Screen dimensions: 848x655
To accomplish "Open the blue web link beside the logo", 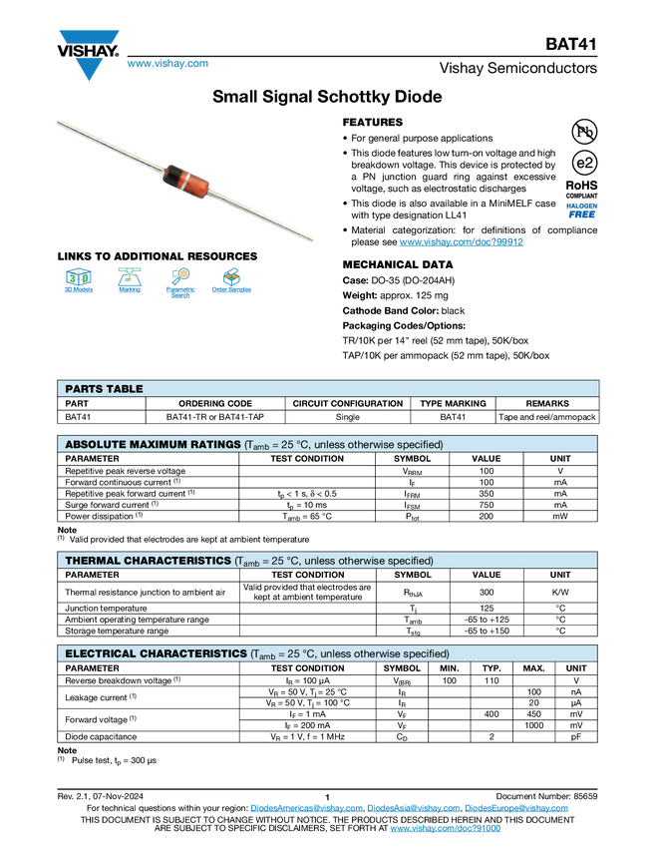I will (x=167, y=65).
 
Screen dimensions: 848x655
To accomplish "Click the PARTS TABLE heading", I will (x=104, y=389).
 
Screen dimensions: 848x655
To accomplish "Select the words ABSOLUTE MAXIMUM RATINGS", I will (x=152, y=444).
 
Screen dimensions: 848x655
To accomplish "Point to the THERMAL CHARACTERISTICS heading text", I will (x=148, y=561).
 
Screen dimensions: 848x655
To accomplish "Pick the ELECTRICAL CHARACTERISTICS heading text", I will (x=155, y=653).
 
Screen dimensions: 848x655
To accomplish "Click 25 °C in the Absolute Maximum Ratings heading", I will (x=294, y=444).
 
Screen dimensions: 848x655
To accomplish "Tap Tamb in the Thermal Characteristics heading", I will (x=247, y=562).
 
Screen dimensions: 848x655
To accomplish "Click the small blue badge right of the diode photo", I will (x=581, y=211).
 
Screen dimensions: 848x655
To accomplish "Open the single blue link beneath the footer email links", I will (x=445, y=829).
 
